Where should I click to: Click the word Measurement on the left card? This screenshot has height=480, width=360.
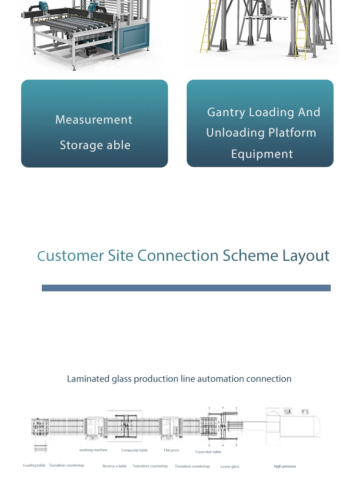click(x=94, y=120)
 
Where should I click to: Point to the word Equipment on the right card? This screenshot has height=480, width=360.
click(x=262, y=154)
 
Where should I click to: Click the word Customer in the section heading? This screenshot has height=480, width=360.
click(x=71, y=256)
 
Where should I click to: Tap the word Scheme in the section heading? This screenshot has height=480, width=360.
click(x=250, y=256)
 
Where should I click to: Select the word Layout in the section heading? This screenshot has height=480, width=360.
click(x=306, y=256)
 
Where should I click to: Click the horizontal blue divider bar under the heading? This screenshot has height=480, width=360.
click(x=186, y=288)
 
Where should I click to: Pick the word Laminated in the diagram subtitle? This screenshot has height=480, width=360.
click(x=88, y=379)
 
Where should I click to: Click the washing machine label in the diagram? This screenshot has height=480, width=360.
click(x=93, y=450)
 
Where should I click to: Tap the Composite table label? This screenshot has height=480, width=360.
click(x=134, y=450)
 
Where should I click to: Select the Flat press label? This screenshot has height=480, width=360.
click(x=171, y=450)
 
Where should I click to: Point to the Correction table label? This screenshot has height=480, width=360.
click(x=208, y=452)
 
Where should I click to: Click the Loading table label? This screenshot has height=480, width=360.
click(x=34, y=466)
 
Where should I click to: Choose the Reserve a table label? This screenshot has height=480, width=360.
click(x=115, y=466)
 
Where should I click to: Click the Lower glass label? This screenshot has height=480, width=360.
click(x=229, y=467)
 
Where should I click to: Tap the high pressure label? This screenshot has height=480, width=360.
click(x=285, y=467)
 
